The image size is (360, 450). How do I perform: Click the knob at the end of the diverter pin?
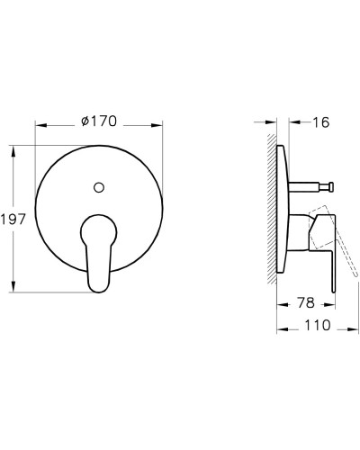pos(331,188)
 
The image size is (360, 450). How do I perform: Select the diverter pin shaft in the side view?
pos(306,188)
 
